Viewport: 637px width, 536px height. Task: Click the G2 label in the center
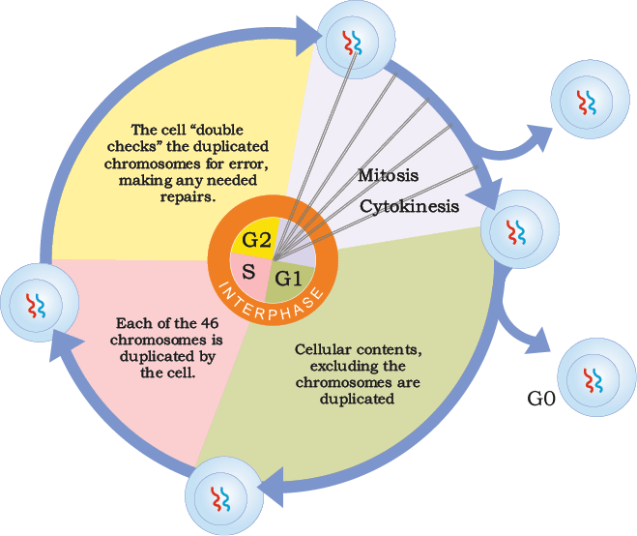(256, 240)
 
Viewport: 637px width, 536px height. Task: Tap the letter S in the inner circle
(248, 271)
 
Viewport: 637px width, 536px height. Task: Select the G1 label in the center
(288, 279)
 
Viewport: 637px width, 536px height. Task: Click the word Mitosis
(388, 175)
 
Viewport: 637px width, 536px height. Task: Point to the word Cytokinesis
(409, 206)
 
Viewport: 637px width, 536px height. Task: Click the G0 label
(541, 399)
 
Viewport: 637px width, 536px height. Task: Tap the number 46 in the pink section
(210, 323)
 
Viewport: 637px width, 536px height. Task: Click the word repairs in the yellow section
(188, 197)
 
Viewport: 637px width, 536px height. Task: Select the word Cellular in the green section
(322, 349)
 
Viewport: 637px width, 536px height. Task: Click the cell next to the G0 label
(596, 377)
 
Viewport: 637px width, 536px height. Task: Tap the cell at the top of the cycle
(356, 40)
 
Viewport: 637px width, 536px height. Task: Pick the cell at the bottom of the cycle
(224, 495)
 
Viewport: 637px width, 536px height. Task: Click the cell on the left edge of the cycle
(40, 303)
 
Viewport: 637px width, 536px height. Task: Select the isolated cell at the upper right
(590, 99)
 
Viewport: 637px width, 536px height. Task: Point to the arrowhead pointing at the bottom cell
(270, 487)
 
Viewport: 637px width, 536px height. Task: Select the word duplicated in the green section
(357, 399)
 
